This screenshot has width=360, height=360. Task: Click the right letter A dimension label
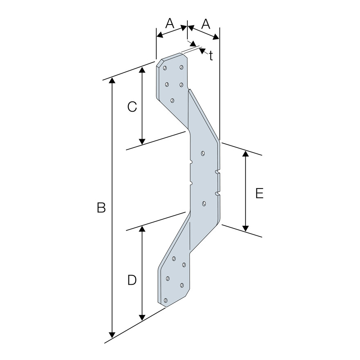[206, 24]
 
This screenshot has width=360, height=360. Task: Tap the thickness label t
[211, 56]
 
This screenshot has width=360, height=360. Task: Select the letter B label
[101, 208]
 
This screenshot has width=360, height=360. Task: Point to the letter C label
[132, 107]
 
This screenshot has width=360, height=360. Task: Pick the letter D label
[132, 280]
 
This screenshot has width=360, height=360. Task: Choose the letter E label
[259, 193]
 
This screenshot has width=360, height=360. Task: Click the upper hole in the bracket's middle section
[203, 153]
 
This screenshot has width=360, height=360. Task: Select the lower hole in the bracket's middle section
[204, 203]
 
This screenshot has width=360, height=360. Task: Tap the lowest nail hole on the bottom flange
[166, 301]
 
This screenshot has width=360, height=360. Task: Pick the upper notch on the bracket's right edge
[217, 171]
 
